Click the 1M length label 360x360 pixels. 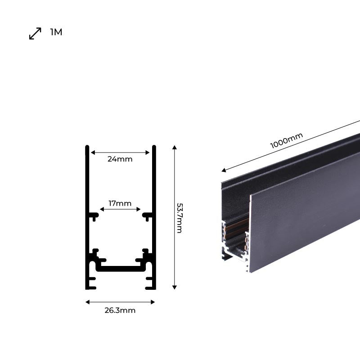coord(56,32)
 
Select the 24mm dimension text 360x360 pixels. coord(120,159)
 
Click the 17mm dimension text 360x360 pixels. coord(120,203)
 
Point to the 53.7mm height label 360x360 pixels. coord(179,218)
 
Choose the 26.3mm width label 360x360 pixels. coord(120,310)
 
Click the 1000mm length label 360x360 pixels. coord(287,141)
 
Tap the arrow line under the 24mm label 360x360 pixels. coord(120,153)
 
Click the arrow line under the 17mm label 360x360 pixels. coord(120,209)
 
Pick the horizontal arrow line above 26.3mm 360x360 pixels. coord(120,301)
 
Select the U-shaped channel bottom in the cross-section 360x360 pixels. coord(120,269)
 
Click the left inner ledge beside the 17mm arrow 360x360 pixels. coord(93,216)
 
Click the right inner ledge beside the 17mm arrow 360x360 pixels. coord(148,216)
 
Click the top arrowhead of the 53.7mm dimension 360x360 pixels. coord(175,148)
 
